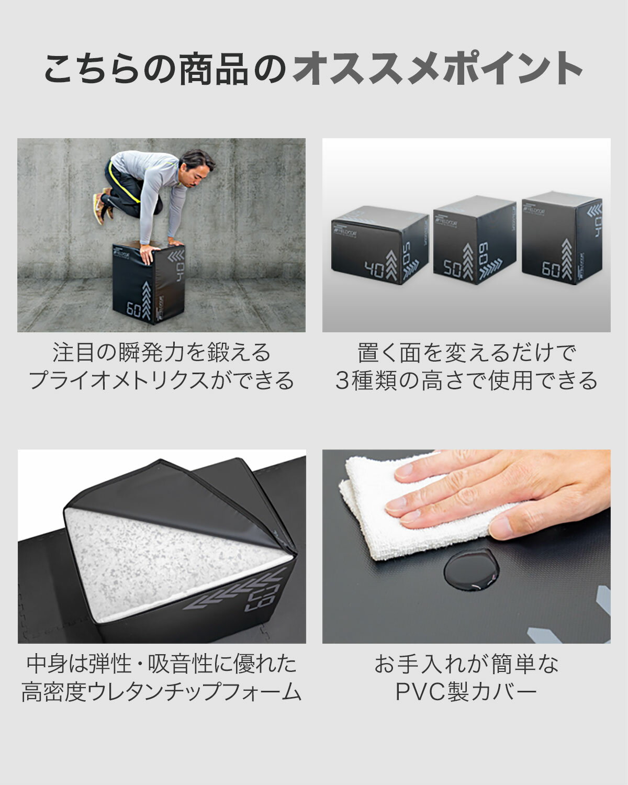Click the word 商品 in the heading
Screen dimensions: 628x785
(x=214, y=69)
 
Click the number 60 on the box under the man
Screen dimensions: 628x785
(x=133, y=309)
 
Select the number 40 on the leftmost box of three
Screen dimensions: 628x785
(x=374, y=270)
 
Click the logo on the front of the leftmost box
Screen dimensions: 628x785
(x=345, y=233)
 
